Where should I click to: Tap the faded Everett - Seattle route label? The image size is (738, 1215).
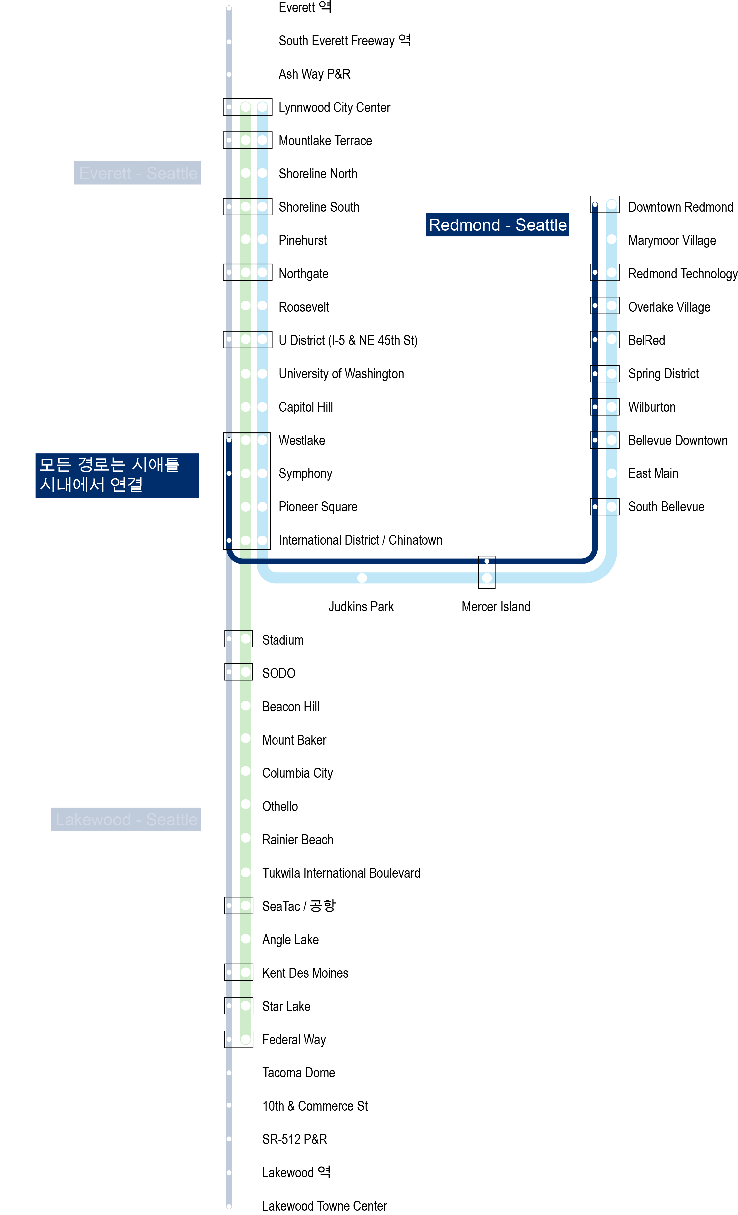coord(137,173)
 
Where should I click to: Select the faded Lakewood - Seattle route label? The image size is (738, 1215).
coord(126,819)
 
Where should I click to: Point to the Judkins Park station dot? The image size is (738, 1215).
coord(362,577)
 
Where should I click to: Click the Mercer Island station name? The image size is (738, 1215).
coord(496,607)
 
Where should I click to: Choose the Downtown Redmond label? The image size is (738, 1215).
coord(680,207)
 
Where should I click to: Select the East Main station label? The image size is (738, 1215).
coord(653,473)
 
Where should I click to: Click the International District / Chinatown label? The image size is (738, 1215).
coord(360,540)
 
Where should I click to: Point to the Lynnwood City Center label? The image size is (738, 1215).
coord(334,107)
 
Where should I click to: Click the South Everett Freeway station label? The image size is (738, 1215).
coord(344,40)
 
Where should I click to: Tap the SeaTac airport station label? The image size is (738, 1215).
coord(298,906)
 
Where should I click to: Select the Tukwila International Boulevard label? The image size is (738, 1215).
coord(341,873)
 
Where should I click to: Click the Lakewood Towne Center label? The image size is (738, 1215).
coord(324,1206)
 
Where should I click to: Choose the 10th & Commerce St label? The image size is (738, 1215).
coord(315,1106)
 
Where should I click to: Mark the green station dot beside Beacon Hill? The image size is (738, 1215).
coord(245,706)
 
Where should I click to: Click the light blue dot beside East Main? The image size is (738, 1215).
coord(611,473)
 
